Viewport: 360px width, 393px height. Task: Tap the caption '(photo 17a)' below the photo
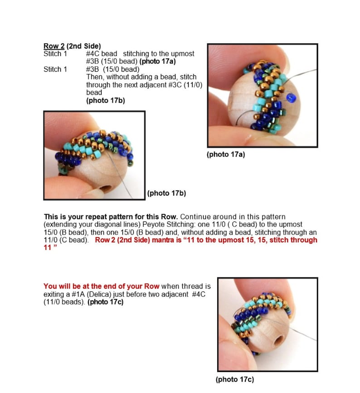point(226,154)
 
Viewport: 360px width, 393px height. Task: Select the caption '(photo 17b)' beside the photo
point(166,193)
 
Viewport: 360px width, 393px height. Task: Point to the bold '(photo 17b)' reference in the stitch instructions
point(105,101)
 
